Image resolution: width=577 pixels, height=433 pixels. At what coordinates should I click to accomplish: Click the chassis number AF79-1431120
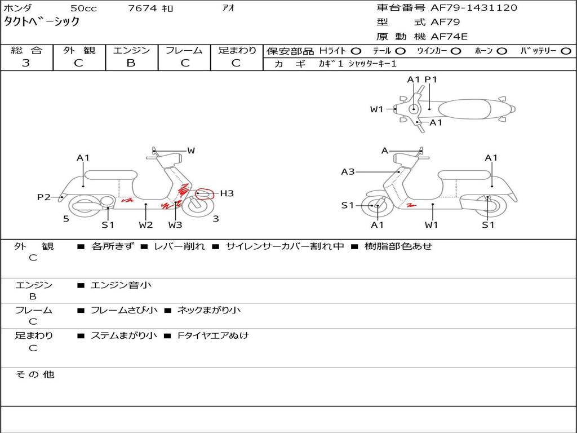click(474, 8)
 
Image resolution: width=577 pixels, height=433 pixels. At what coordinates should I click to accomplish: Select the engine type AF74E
click(449, 37)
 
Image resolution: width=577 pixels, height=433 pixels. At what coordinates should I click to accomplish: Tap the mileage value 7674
click(143, 8)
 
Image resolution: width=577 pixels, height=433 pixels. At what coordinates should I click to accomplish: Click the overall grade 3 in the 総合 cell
click(26, 63)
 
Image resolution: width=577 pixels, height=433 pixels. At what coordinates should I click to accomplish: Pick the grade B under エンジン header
click(131, 63)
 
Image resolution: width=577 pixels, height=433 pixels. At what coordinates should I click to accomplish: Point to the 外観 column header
click(79, 50)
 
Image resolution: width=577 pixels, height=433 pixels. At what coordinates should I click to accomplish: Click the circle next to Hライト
click(356, 51)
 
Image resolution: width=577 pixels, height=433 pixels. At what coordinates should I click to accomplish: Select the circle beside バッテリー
click(566, 51)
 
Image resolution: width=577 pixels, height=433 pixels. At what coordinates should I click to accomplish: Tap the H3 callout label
click(227, 193)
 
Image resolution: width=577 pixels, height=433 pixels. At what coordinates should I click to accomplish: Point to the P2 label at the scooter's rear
click(44, 197)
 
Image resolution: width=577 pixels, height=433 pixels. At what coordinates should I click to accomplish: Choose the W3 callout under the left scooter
click(175, 224)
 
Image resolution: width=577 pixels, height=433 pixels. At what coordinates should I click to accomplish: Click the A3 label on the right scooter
click(348, 171)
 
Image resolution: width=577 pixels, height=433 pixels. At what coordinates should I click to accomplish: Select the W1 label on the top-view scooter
click(377, 109)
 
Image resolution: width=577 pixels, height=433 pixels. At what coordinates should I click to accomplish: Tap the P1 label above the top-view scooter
click(430, 79)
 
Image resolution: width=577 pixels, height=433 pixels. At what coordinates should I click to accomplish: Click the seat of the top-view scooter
click(464, 109)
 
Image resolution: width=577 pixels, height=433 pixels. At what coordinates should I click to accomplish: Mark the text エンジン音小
click(121, 285)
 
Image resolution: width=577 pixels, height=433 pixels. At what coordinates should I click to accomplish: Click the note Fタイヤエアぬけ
click(213, 335)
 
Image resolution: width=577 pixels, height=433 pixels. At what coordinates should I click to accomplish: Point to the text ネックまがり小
click(209, 310)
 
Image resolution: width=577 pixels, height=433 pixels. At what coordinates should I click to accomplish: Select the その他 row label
click(35, 374)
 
